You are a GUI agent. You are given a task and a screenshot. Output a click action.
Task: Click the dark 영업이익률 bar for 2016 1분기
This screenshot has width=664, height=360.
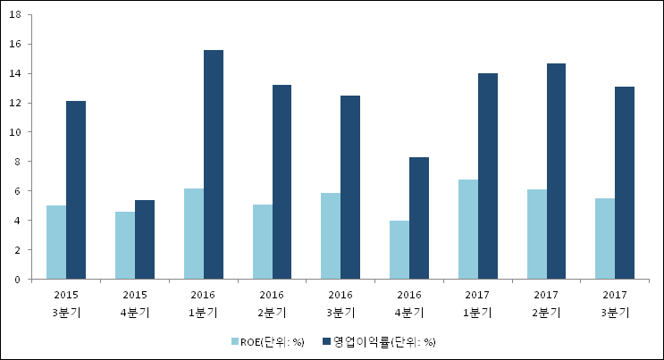[214, 164]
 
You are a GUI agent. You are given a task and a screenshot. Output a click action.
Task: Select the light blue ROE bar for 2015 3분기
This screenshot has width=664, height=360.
[56, 242]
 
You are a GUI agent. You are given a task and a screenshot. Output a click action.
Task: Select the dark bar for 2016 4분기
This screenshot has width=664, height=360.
[419, 218]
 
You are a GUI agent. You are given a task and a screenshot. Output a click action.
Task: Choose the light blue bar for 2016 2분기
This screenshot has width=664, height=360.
[263, 242]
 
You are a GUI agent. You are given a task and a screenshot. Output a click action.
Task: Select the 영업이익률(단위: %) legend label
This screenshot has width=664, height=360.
[384, 341]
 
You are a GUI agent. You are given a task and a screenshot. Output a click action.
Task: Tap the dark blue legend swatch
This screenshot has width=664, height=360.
[326, 341]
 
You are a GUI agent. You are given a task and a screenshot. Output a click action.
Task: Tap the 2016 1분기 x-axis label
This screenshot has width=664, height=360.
[203, 303]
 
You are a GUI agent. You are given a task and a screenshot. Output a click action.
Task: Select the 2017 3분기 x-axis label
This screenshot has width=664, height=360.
[615, 303]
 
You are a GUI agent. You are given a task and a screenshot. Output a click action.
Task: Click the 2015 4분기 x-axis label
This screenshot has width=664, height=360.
[135, 303]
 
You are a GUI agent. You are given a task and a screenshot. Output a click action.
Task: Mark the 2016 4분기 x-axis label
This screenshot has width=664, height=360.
[409, 303]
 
